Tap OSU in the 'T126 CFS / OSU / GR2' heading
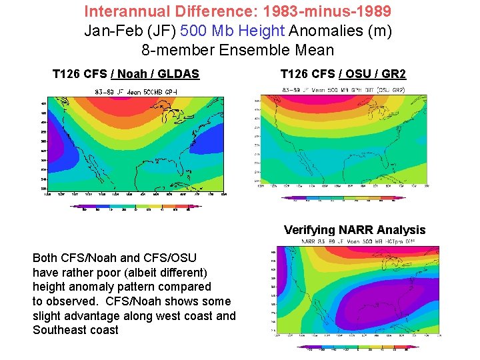pos(357,74)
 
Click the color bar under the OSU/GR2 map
pos(343,198)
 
